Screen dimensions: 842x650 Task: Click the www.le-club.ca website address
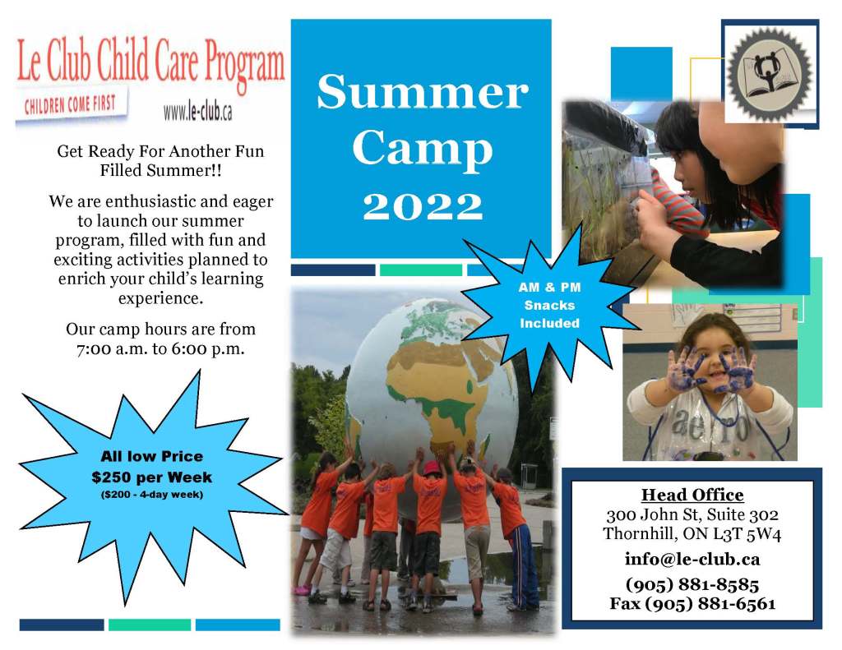click(x=198, y=111)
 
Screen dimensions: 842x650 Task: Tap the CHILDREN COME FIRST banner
click(x=71, y=104)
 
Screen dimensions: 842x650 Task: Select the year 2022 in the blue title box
click(x=423, y=206)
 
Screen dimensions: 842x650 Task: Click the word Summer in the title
click(x=423, y=92)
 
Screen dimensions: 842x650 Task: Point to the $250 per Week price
click(x=151, y=477)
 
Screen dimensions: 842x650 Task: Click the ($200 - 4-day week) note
click(x=152, y=495)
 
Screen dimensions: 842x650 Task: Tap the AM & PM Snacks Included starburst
click(x=548, y=305)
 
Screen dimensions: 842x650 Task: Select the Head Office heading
click(x=692, y=495)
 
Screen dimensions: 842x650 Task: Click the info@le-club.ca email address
click(x=692, y=560)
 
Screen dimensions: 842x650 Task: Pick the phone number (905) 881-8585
click(x=692, y=584)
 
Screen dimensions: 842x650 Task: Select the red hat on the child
click(x=433, y=468)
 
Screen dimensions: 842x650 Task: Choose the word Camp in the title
click(x=423, y=149)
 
